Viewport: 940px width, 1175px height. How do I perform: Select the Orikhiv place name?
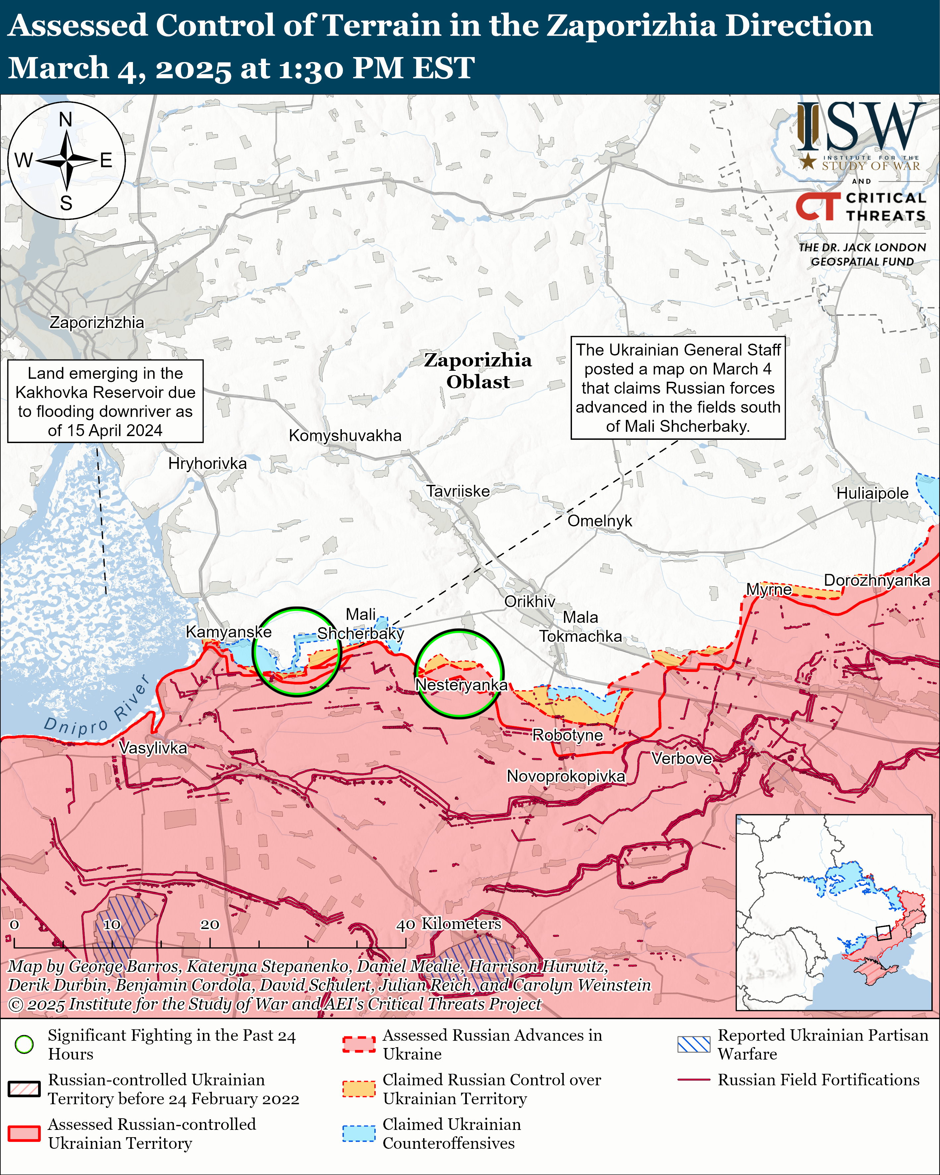529,601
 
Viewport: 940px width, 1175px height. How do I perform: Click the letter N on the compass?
66,119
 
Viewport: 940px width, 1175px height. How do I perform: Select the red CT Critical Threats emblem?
817,206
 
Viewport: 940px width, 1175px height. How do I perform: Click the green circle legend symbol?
24,1044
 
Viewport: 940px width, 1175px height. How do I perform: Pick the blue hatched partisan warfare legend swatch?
694,1044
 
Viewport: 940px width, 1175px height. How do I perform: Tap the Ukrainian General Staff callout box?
678,387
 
